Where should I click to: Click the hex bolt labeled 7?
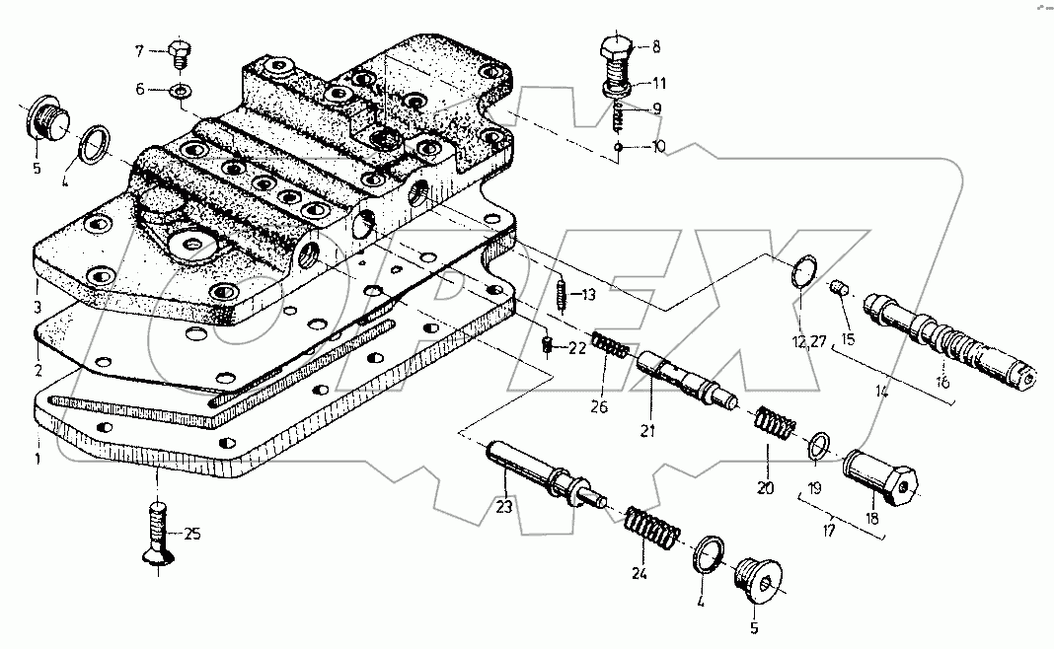180,53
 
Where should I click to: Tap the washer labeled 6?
180,91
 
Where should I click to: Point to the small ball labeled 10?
616,147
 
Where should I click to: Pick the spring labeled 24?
652,534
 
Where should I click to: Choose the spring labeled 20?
776,428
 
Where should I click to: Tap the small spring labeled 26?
612,347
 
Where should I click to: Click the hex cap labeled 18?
882,478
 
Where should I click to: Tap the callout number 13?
588,294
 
